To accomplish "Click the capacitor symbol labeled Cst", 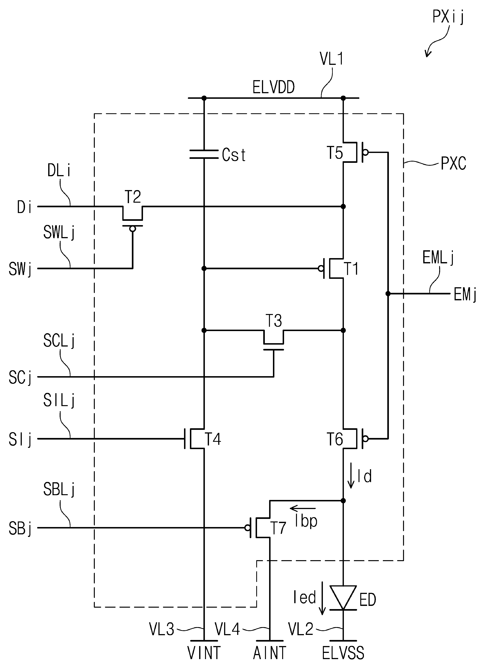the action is tap(204, 154).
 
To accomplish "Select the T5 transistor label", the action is tap(335, 153).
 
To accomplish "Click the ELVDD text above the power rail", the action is tap(274, 87).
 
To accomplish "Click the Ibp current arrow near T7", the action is tap(303, 508).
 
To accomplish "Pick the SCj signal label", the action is tap(20, 378).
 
